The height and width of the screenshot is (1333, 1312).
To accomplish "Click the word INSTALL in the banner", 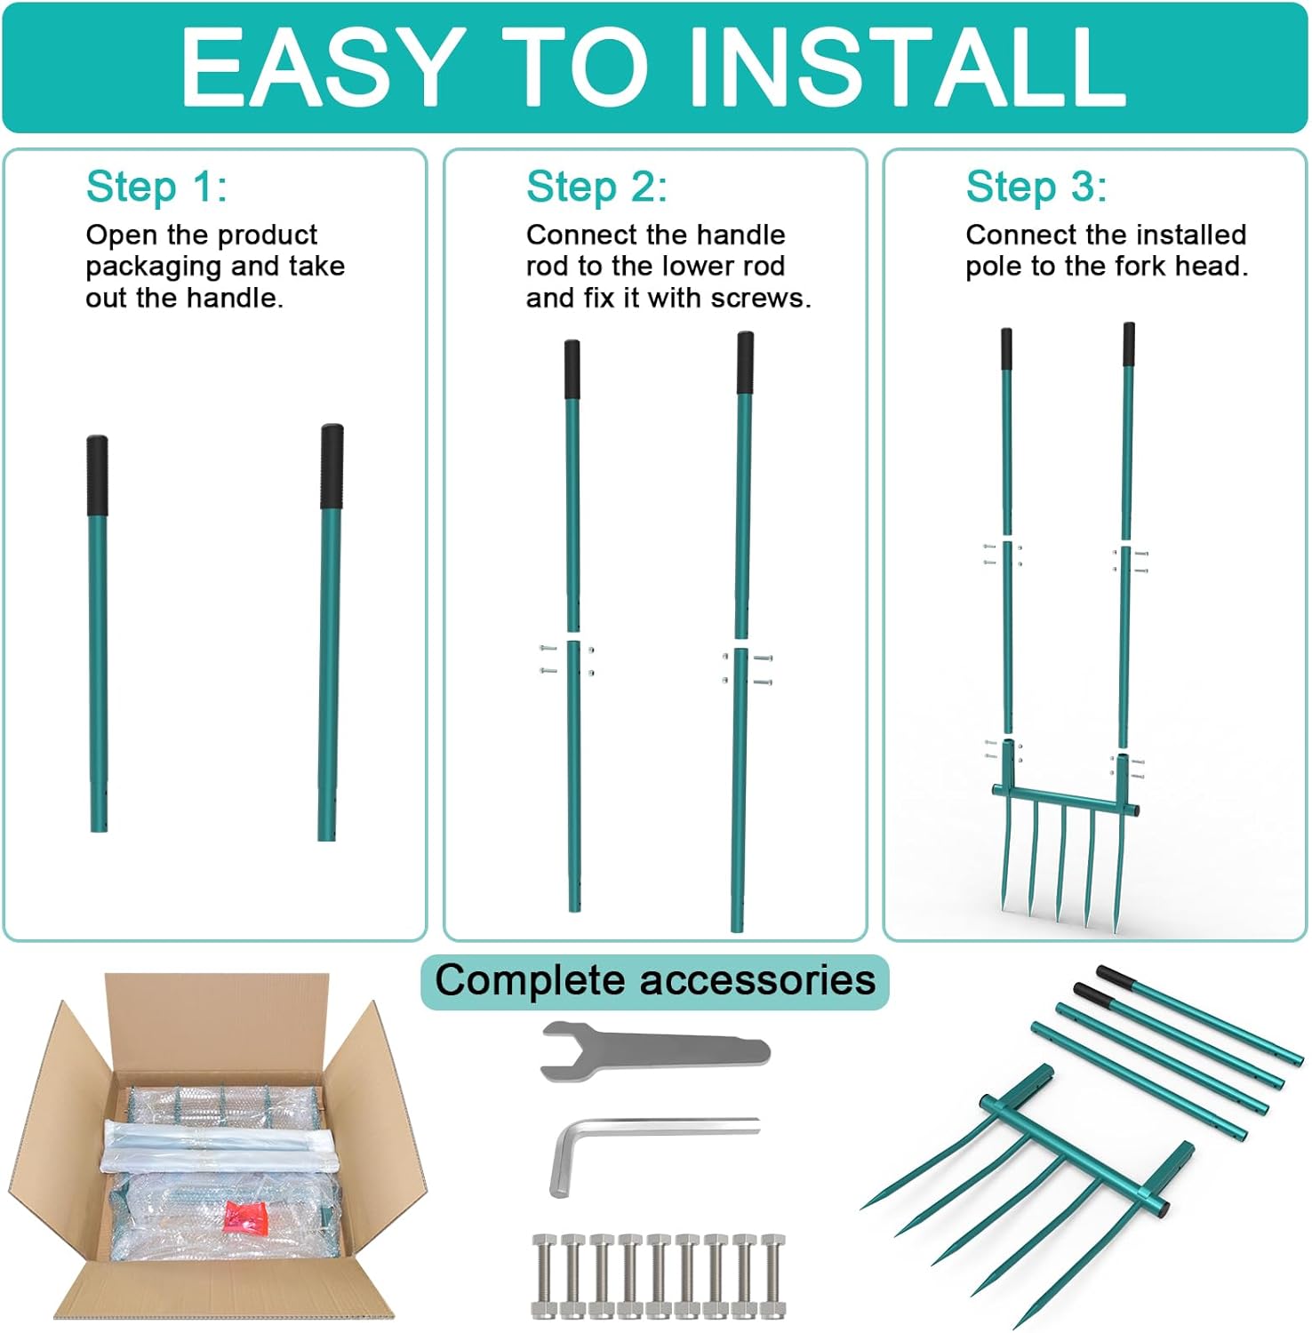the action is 907,67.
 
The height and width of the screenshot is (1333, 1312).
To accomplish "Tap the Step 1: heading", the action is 156,187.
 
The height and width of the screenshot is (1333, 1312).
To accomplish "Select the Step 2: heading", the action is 596,187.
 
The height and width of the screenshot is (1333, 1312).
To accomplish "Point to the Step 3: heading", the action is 1036,187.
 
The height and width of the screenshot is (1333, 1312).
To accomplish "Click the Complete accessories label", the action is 655,980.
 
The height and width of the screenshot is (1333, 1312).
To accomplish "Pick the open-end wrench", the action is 655,1050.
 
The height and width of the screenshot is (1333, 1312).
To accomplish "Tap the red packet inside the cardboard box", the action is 246,1216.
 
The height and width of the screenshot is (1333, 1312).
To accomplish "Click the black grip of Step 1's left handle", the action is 97,475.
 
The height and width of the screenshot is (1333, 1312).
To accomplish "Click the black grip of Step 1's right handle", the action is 332,467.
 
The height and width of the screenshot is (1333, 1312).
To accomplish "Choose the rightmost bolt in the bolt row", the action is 773,1275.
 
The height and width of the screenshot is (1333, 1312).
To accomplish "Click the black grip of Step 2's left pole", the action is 572,370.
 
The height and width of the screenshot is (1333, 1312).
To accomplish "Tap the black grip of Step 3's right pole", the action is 1128,345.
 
